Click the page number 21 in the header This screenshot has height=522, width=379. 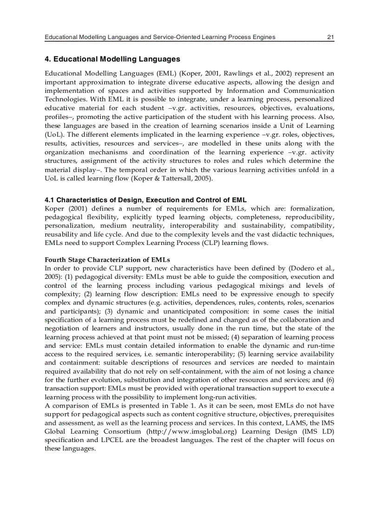pos(331,37)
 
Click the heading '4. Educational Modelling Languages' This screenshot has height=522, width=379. pos(112,59)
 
